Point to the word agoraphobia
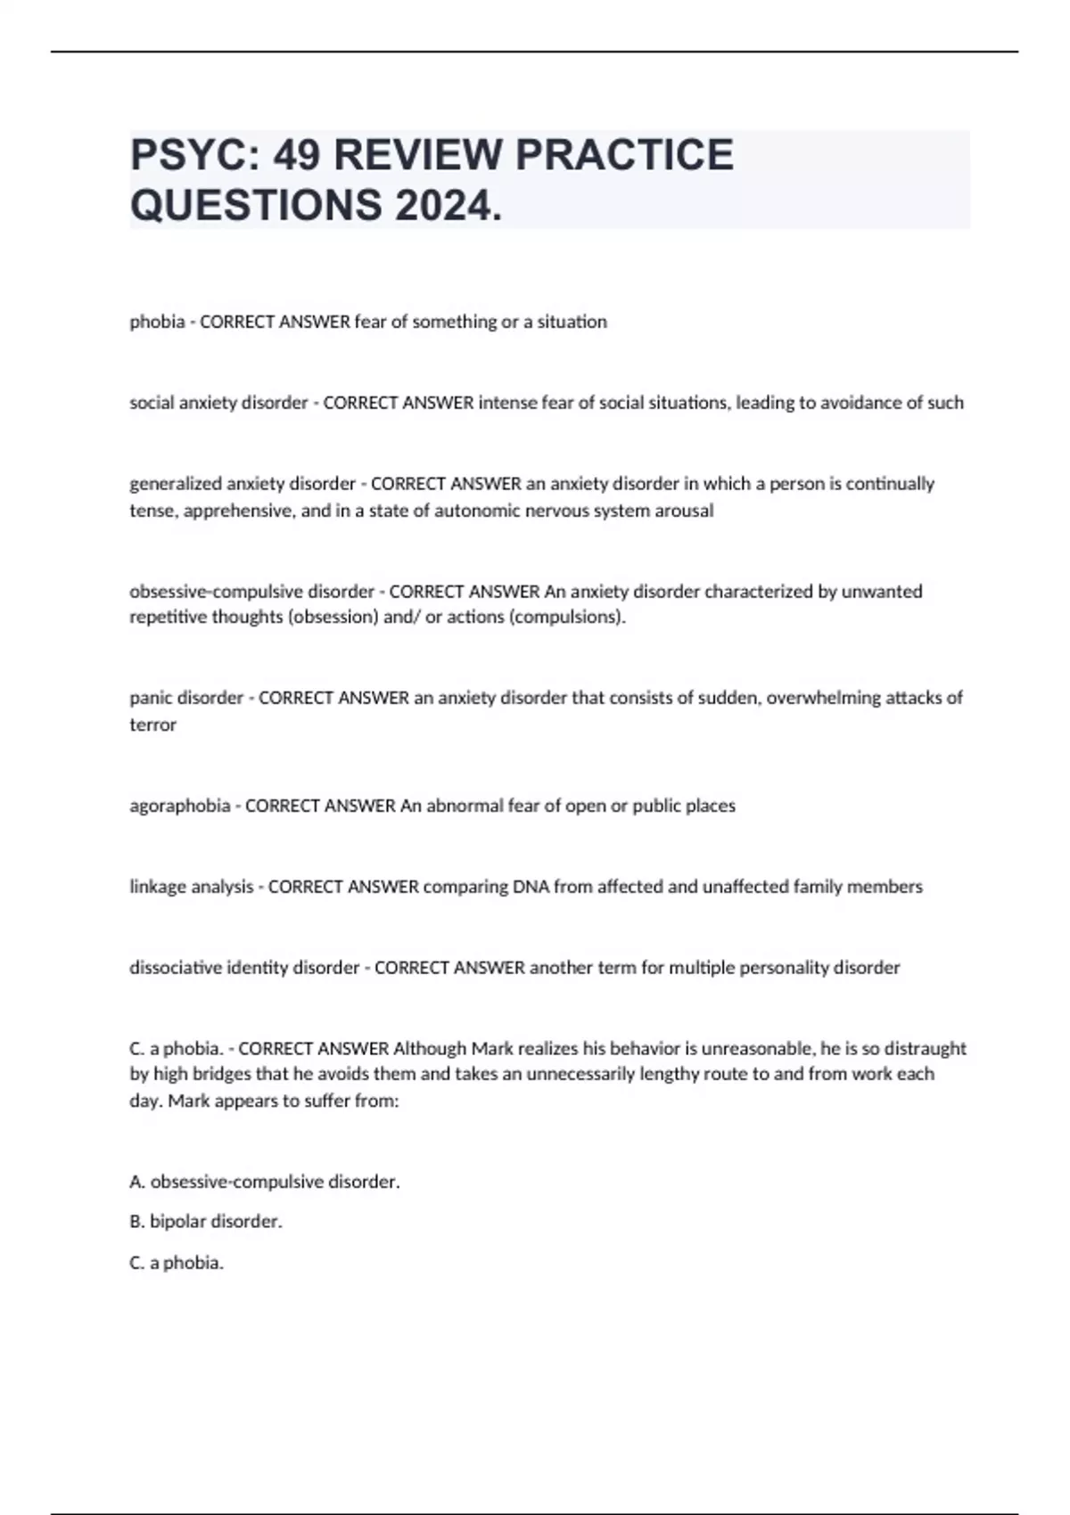(x=179, y=806)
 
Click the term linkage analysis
(x=191, y=887)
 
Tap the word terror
(x=152, y=725)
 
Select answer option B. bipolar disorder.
(x=206, y=1222)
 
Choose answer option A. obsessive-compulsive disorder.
(x=265, y=1182)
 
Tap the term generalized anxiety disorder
(x=243, y=484)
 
